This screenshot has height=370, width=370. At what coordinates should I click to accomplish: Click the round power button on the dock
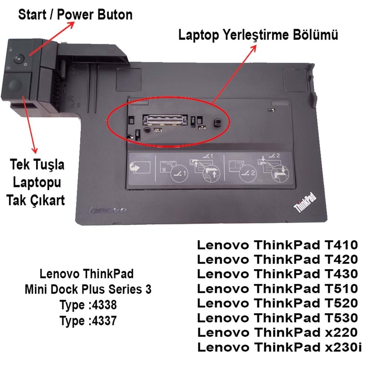tap(18, 58)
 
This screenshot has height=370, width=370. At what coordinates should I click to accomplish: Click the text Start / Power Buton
tap(75, 15)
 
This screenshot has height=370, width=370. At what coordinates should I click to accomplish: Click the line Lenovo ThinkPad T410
tap(277, 245)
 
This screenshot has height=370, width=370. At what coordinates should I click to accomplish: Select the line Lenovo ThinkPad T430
tap(277, 274)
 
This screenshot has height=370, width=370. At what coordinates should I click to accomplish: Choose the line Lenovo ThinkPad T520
tap(277, 303)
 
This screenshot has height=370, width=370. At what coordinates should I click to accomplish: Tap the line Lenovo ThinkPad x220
tap(277, 332)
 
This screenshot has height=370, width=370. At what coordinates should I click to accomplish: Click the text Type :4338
tap(88, 305)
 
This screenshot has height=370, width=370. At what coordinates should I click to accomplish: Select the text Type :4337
tap(88, 321)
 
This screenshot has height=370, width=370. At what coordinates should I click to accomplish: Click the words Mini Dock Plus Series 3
tap(88, 290)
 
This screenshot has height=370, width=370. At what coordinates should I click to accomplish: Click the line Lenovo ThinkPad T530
tap(277, 317)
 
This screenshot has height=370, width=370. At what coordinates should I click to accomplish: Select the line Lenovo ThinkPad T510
tap(277, 288)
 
